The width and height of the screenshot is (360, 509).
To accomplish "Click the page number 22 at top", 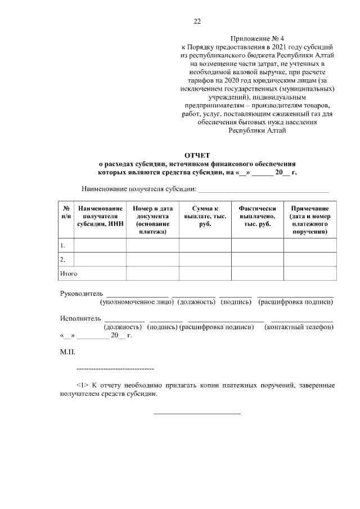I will (197, 22).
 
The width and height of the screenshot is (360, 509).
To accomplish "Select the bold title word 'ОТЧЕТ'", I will (197, 155).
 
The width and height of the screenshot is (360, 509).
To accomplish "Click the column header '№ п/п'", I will (66, 213).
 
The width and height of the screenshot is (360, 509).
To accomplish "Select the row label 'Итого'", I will (69, 273).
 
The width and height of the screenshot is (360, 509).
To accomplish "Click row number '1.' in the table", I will (63, 246).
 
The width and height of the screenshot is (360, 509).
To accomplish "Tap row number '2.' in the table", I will (63, 260).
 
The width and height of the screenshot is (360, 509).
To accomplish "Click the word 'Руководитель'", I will (82, 293).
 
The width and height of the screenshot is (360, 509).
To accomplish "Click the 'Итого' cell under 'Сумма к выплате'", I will (205, 273).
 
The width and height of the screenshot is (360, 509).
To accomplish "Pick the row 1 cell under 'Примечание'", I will (310, 246).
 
